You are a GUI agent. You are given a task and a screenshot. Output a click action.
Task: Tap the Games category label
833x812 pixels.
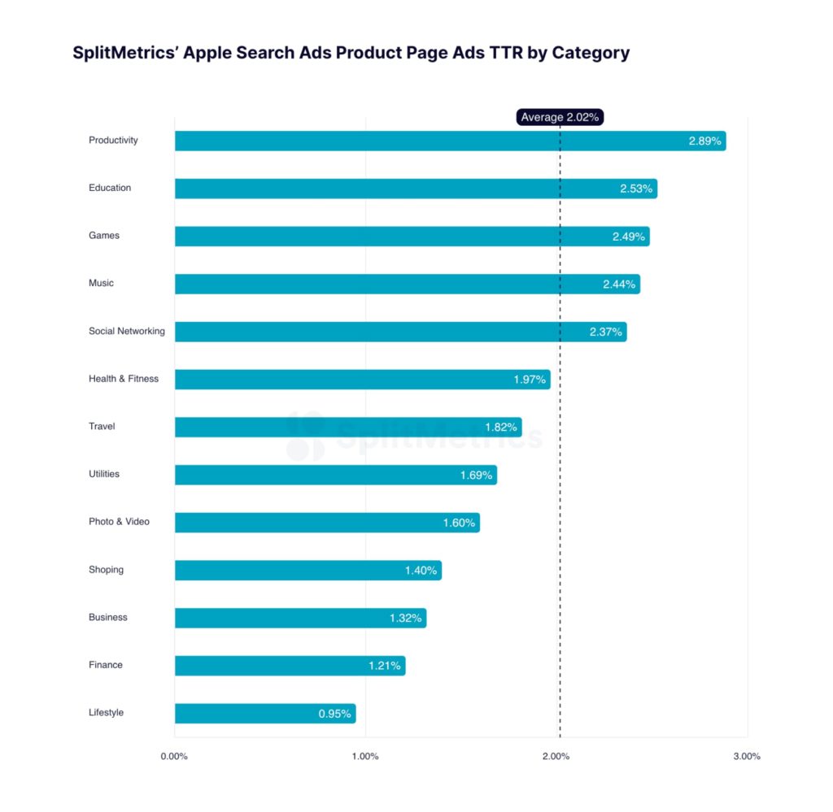tap(104, 236)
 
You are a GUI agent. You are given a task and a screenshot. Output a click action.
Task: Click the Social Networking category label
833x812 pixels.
tap(126, 331)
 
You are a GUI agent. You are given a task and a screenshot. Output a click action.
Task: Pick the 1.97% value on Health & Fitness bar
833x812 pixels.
tap(530, 380)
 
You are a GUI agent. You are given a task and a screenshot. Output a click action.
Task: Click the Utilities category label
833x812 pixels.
tap(104, 474)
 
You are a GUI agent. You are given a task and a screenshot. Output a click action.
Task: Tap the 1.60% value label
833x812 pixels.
tap(459, 523)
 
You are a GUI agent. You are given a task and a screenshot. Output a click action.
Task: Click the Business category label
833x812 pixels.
tap(108, 618)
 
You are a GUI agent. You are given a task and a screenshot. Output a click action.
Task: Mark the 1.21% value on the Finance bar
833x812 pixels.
tap(384, 666)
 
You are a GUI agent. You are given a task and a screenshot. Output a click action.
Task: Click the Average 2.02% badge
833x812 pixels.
tap(560, 117)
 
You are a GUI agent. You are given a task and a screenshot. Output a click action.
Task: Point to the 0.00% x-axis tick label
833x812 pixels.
tap(174, 757)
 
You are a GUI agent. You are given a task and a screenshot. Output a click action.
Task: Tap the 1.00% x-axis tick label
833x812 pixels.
tap(365, 757)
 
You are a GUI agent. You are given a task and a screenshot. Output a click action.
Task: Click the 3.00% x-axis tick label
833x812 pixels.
tap(747, 757)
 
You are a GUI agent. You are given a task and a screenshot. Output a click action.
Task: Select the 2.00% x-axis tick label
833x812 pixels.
tap(556, 757)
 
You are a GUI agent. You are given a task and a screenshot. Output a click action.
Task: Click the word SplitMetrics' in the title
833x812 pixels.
tap(122, 53)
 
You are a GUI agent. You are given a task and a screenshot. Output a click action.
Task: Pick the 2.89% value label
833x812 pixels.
tap(704, 141)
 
